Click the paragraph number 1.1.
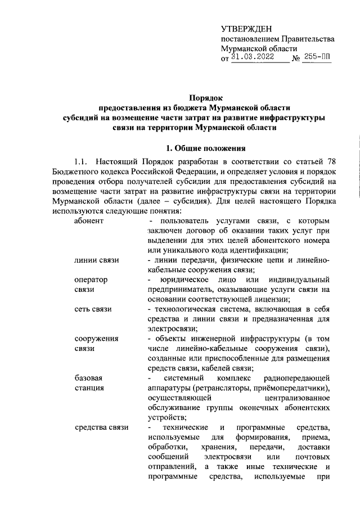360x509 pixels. pos(76,163)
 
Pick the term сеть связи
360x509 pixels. pos(93,309)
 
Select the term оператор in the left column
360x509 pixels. pos(91,280)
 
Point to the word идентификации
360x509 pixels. pos(262,250)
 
